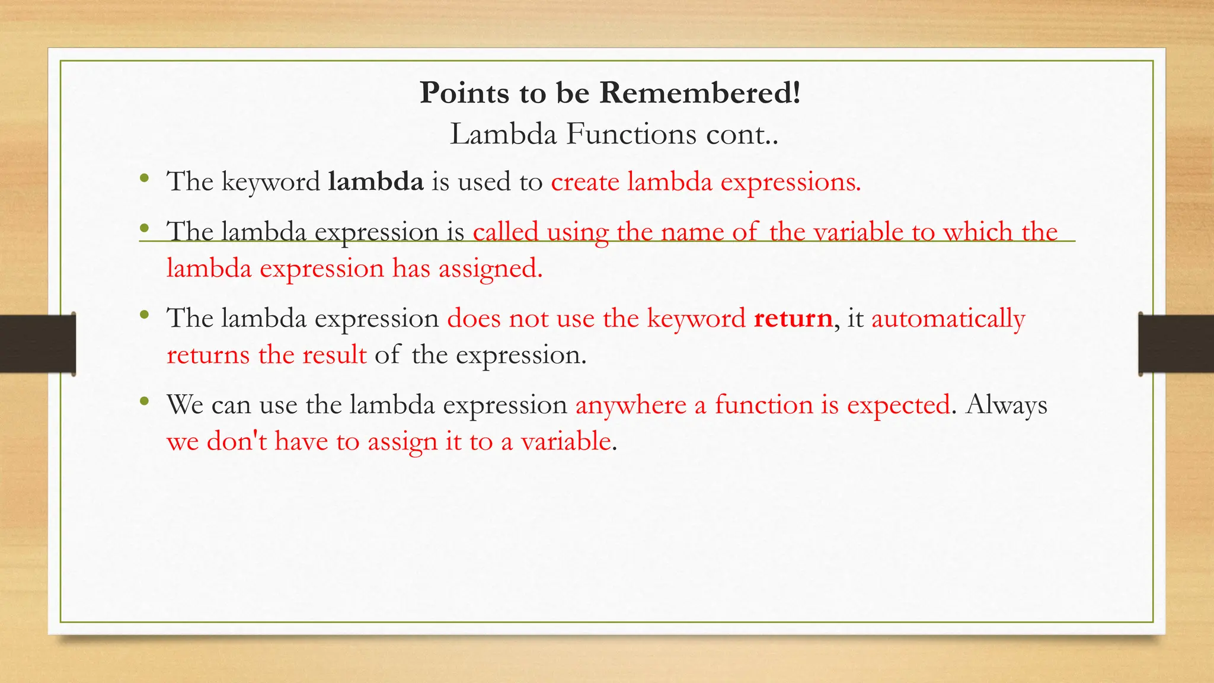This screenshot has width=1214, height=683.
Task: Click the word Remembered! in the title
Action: point(700,93)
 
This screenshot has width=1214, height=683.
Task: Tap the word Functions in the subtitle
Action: point(631,134)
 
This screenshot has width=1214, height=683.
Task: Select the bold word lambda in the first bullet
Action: point(376,181)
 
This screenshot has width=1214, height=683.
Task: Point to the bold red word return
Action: point(793,318)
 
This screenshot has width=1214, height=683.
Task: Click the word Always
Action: point(1006,406)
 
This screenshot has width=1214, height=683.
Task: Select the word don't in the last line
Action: point(237,442)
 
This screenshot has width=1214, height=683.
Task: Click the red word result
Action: point(334,355)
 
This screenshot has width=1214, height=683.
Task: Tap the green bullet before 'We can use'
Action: point(144,402)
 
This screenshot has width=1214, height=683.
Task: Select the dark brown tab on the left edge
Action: point(37,344)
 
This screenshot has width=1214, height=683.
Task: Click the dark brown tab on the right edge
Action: point(1176,344)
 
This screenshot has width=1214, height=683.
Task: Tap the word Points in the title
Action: point(464,93)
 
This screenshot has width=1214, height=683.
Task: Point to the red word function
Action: point(763,405)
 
